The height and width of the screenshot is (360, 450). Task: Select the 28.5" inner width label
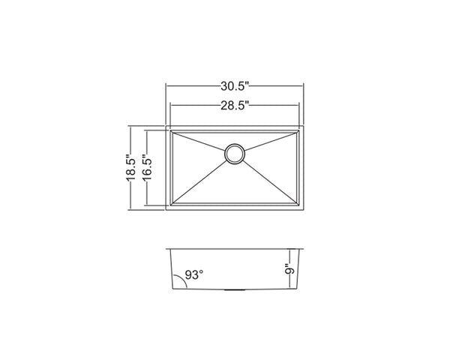click(234, 106)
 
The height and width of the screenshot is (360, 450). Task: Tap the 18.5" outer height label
click(132, 167)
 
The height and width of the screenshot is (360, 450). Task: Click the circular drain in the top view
click(234, 153)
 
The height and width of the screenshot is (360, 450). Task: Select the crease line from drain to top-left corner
click(199, 142)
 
